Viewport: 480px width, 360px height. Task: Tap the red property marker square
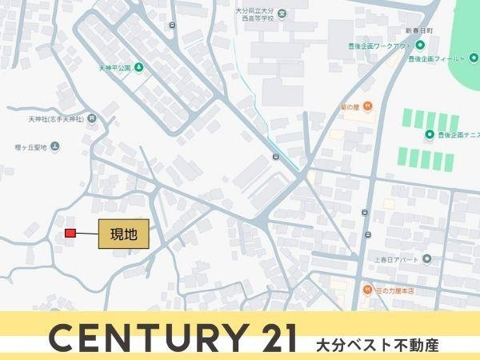70,233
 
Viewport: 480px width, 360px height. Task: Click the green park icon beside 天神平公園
139,67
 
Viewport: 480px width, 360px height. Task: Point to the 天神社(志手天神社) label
56,119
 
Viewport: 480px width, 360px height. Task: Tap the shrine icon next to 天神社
93,119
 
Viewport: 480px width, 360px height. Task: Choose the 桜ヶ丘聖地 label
31,146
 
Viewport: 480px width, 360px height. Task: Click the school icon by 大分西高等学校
282,13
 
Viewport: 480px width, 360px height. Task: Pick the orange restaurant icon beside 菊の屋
366,106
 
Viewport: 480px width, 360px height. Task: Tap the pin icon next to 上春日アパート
426,259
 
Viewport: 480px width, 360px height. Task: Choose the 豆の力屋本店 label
394,290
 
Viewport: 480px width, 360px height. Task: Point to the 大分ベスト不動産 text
378,346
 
